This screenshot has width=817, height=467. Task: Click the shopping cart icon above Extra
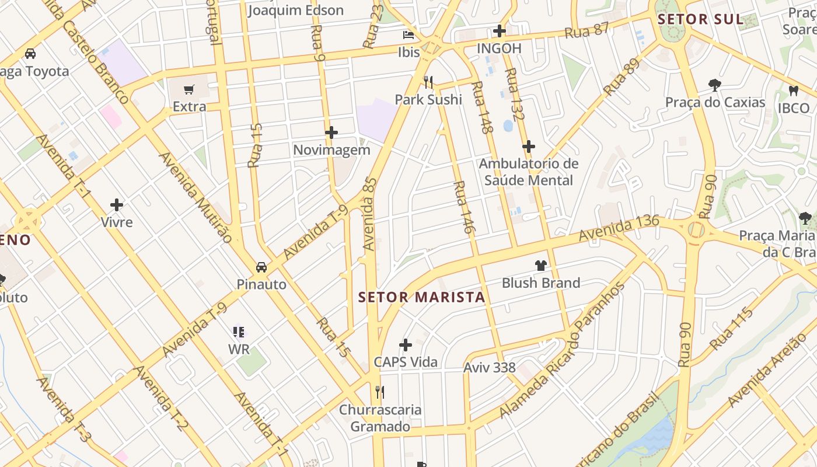[188, 90]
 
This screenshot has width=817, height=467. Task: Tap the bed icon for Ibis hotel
[408, 35]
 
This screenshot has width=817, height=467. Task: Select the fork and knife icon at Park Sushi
[429, 82]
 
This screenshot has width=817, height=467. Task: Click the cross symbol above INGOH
[499, 31]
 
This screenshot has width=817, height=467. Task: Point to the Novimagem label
[331, 150]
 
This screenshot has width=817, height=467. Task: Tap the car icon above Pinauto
[261, 267]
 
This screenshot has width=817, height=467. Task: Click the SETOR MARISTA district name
[421, 297]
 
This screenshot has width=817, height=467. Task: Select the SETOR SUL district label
[700, 19]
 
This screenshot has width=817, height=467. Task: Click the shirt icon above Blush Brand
[540, 266]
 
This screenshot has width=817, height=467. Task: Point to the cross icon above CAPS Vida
[406, 345]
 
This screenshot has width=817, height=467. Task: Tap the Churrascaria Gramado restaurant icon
[380, 392]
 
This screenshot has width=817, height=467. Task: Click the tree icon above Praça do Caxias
[714, 85]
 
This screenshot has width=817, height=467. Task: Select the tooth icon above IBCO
[793, 90]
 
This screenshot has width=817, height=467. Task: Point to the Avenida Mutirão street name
[195, 197]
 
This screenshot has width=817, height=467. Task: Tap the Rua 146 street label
[462, 207]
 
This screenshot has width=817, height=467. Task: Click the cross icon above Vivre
[117, 205]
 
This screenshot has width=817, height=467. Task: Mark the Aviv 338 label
[490, 368]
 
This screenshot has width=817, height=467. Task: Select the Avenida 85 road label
[370, 214]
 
